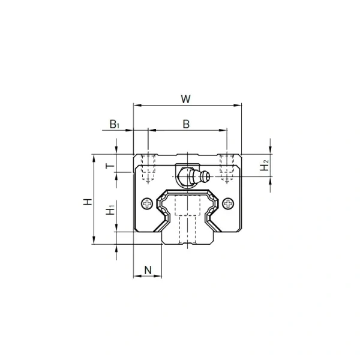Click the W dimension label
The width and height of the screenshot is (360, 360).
pyautogui.click(x=186, y=99)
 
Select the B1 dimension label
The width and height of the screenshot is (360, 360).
pyautogui.click(x=115, y=124)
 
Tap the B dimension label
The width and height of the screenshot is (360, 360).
pyautogui.click(x=186, y=124)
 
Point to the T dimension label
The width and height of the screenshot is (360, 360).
pyautogui.click(x=110, y=166)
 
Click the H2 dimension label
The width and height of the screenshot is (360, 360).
pyautogui.click(x=265, y=166)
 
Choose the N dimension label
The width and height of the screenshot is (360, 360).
pyautogui.click(x=148, y=270)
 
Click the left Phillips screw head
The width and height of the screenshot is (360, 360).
pyautogui.click(x=147, y=203)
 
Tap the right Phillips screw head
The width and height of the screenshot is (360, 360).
pyautogui.click(x=228, y=203)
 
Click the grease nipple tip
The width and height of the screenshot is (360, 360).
pyautogui.click(x=208, y=176)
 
